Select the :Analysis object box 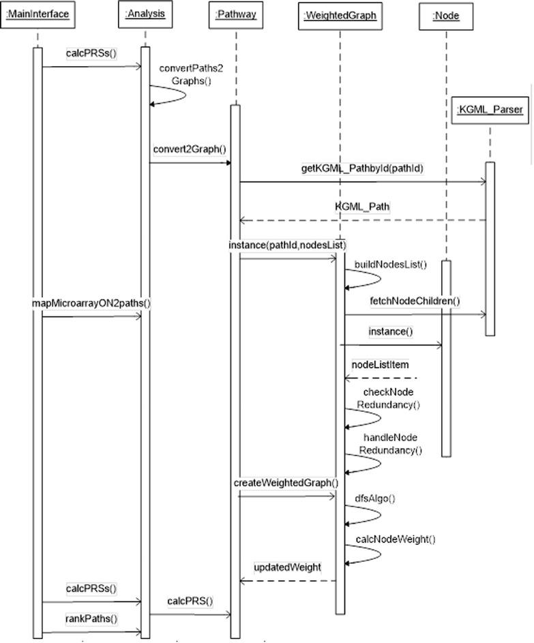145,13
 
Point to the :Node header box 445,16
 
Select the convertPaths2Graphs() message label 181,74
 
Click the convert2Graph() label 190,149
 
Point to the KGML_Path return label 362,207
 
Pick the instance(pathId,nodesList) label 288,244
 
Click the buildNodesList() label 390,265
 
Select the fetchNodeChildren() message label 415,301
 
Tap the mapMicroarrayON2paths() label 91,303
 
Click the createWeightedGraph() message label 286,483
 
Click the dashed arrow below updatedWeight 286,581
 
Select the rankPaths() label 91,619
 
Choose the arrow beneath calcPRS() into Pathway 190,614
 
